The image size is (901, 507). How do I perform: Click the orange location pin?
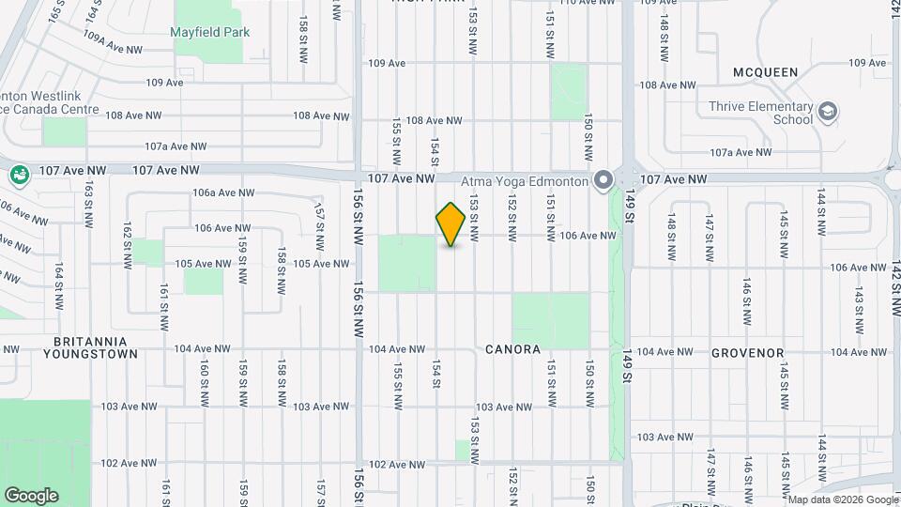click(x=450, y=224)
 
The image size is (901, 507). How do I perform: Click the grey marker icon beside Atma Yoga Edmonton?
click(x=603, y=179)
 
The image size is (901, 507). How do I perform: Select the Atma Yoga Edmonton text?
click(x=524, y=179)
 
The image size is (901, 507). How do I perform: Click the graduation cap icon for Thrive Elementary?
click(x=827, y=113)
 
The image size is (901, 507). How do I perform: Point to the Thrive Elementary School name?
click(x=761, y=113)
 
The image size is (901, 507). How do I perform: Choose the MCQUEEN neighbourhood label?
click(x=765, y=72)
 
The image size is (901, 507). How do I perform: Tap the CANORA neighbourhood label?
click(x=512, y=349)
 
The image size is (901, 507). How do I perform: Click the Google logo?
click(x=31, y=495)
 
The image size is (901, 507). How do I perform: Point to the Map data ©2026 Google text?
click(x=842, y=499)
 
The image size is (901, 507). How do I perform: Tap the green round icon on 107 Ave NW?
click(x=18, y=174)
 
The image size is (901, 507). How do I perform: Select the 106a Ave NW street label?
click(x=223, y=192)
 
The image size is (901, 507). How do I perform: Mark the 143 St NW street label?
click(x=857, y=301)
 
